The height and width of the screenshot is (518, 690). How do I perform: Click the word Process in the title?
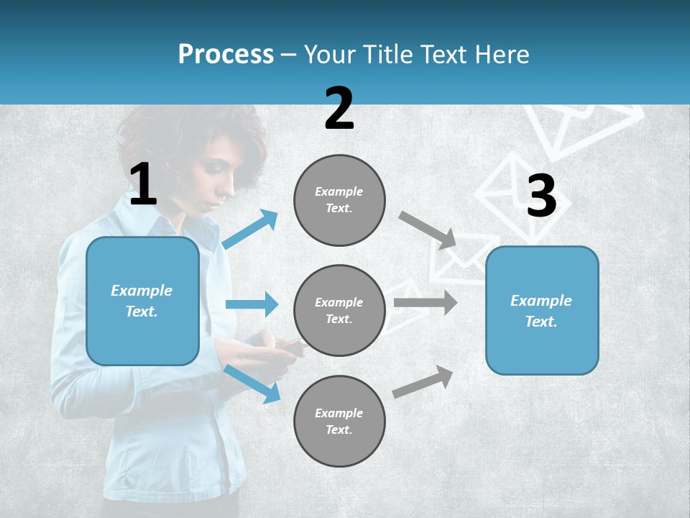click(226, 55)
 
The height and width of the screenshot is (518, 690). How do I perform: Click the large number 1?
click(143, 184)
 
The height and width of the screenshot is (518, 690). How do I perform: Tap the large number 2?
click(339, 109)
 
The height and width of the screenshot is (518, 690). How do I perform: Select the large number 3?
click(541, 196)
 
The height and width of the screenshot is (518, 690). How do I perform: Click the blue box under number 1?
click(142, 301)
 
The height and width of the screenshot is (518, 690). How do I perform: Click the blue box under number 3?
click(542, 310)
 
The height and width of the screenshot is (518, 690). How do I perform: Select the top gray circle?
click(339, 200)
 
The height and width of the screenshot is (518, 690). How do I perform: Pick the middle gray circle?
click(339, 310)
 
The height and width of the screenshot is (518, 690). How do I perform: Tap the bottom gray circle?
click(339, 421)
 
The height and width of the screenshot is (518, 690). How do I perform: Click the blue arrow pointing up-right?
click(250, 230)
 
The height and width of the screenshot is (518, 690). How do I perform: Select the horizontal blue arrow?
click(251, 304)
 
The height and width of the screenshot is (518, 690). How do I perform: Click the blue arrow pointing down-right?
click(252, 383)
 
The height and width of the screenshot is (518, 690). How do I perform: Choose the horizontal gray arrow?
click(425, 302)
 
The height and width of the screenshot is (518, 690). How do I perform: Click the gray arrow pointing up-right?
click(423, 382)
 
